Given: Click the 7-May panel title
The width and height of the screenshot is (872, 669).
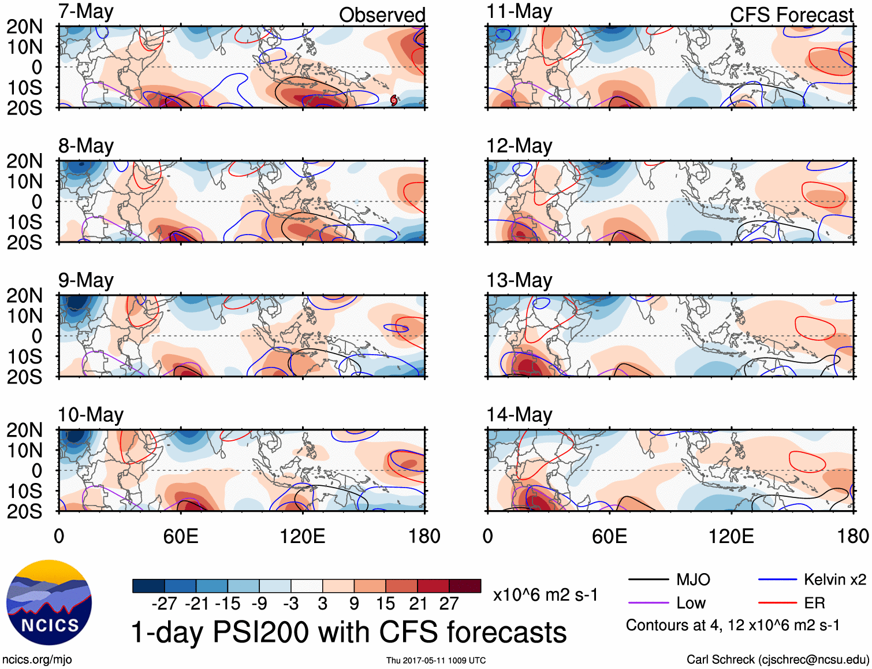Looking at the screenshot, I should (x=86, y=12).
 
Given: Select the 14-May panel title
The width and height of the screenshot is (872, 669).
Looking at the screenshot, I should (x=519, y=415).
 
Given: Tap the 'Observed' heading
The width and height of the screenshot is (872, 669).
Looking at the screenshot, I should (x=382, y=15).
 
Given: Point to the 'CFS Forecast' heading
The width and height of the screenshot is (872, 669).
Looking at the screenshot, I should (x=791, y=15).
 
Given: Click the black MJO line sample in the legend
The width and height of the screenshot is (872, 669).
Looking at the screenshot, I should (x=648, y=579).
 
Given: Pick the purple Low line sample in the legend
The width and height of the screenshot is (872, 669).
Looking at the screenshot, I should (x=648, y=603).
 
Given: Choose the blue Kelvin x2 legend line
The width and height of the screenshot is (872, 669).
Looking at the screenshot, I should (x=777, y=579).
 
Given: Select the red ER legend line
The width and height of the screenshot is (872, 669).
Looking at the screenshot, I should (x=777, y=603).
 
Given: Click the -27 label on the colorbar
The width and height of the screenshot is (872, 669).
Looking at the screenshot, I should (x=164, y=604).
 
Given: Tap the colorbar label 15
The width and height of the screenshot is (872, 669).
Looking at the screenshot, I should (x=385, y=604).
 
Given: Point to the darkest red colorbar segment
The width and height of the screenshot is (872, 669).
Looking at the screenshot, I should (x=465, y=586).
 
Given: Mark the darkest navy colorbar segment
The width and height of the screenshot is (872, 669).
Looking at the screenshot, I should (x=148, y=586).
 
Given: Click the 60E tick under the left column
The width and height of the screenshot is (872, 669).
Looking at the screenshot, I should (x=181, y=536).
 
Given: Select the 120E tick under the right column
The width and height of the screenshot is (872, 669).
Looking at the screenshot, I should (x=731, y=536).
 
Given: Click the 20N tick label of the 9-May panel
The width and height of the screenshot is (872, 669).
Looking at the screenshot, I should (x=24, y=296).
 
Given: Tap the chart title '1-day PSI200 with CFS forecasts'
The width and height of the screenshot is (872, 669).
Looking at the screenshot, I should (x=349, y=632).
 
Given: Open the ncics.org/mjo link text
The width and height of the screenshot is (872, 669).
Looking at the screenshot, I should (x=37, y=660).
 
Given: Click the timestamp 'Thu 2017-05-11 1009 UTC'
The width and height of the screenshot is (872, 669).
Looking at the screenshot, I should (x=436, y=660).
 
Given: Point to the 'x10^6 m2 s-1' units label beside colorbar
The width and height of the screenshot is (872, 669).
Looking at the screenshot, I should (x=545, y=594).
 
